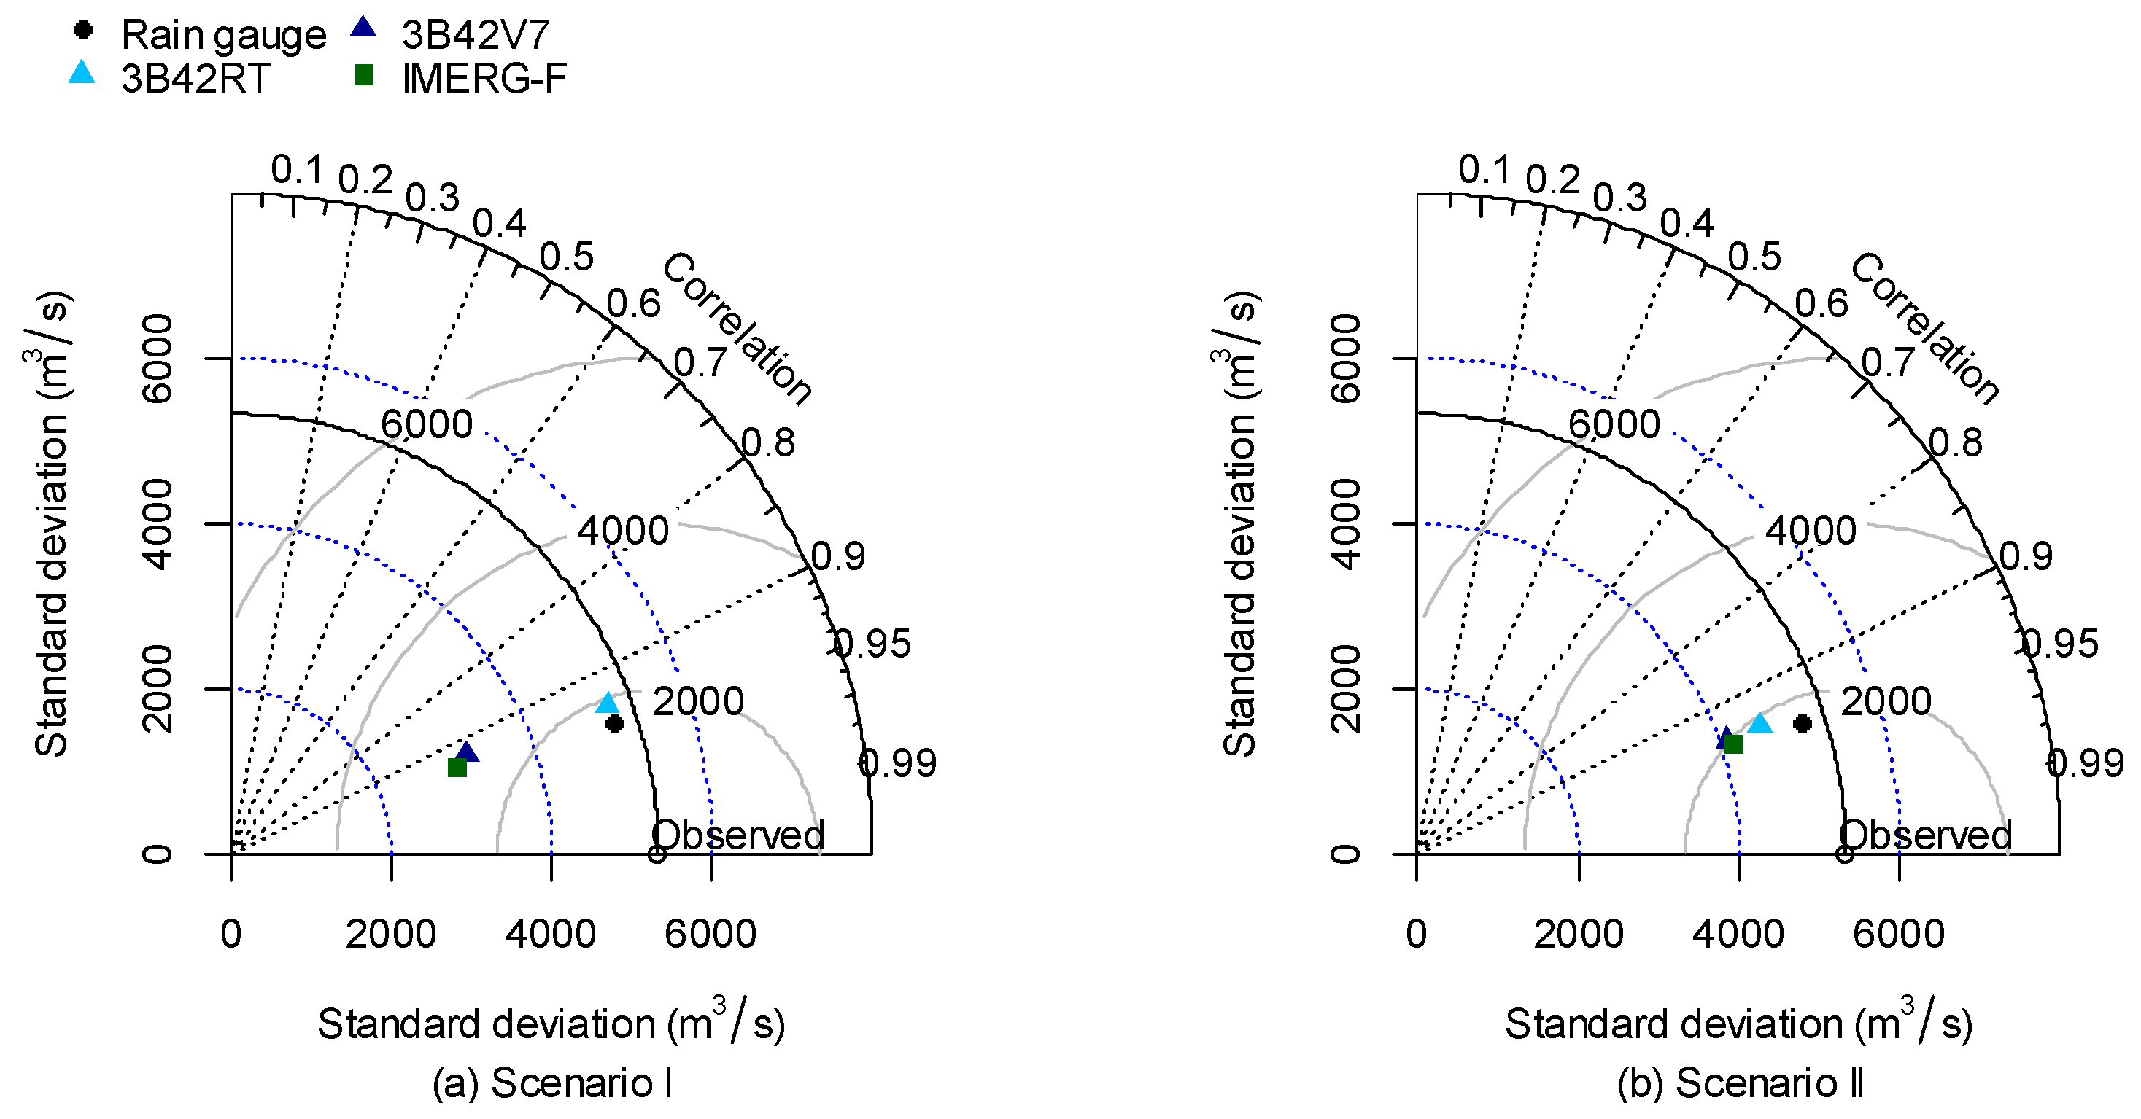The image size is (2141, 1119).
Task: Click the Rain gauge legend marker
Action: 82,31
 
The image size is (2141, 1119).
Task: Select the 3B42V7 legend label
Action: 475,35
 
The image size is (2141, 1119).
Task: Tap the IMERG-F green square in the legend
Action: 363,76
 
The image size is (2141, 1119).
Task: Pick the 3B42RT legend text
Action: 195,79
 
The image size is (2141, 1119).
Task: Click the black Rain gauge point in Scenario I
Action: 614,724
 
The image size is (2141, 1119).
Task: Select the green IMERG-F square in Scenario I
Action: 457,767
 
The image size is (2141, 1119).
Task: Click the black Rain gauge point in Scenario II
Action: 1802,724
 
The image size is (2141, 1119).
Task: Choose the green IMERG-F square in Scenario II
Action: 1733,744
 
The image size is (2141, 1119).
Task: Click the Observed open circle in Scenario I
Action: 657,854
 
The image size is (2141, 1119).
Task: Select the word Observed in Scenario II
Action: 1926,835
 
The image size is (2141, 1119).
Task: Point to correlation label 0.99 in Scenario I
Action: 898,763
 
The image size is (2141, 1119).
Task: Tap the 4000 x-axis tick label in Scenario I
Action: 550,934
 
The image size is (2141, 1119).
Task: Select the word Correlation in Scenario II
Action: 1924,329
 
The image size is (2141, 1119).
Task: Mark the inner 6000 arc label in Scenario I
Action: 426,424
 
